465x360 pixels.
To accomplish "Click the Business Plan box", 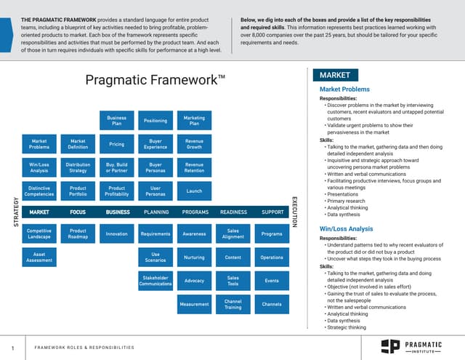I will [116, 121].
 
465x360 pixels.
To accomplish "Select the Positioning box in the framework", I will [155, 121].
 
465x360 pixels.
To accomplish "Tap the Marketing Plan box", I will [194, 121].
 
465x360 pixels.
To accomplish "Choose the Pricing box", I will [116, 144].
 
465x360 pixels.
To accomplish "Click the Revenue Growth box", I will [194, 144].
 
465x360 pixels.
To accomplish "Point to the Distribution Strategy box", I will [78, 168].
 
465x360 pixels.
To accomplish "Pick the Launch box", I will [194, 191].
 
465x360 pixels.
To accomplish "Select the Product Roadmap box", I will [78, 233].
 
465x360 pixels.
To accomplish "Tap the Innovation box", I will [116, 233].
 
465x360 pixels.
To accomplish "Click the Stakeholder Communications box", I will [155, 280].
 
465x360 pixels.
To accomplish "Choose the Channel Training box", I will [233, 303].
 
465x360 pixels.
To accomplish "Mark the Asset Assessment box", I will [39, 257].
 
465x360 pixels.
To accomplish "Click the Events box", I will [272, 280].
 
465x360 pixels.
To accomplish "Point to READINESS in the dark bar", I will [233, 212].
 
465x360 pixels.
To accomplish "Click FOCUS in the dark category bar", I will [78, 212].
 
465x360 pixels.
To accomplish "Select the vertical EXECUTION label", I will [294, 212].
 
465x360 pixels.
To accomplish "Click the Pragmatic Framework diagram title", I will [155, 80].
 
